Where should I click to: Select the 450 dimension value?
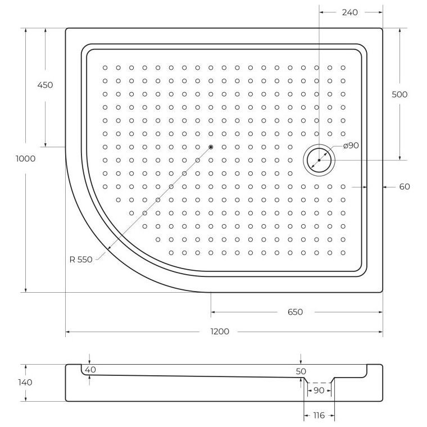(x=45, y=85)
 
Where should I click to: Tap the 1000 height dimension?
(x=26, y=158)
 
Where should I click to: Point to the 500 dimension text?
(x=399, y=94)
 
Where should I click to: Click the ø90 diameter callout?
(x=350, y=146)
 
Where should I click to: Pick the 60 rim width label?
(x=405, y=187)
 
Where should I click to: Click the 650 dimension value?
(x=295, y=312)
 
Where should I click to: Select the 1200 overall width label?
(x=220, y=331)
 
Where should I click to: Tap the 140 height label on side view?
(x=25, y=382)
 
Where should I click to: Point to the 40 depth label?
(x=90, y=369)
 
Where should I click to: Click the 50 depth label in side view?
(x=301, y=371)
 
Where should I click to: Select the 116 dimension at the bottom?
(x=318, y=415)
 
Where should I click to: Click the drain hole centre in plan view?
(x=319, y=160)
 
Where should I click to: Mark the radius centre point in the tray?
(x=211, y=147)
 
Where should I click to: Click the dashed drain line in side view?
(x=318, y=382)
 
